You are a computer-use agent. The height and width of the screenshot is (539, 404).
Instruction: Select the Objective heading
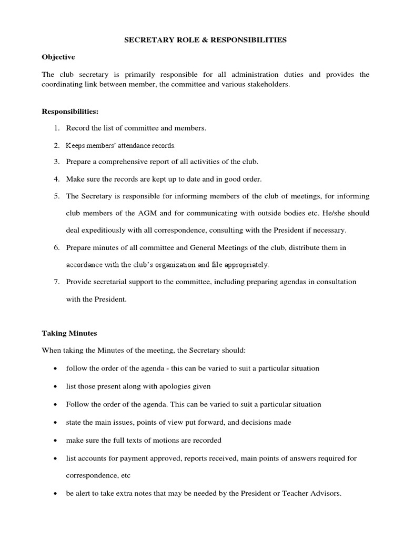click(58, 56)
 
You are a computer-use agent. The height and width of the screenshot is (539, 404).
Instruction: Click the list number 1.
click(56, 128)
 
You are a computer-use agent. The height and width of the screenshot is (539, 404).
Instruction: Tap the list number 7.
click(56, 282)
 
